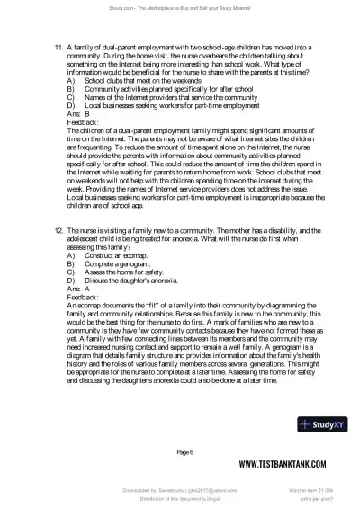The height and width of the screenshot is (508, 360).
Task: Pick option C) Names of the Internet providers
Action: [154, 97]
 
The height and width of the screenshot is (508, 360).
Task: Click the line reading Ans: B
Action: [78, 114]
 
